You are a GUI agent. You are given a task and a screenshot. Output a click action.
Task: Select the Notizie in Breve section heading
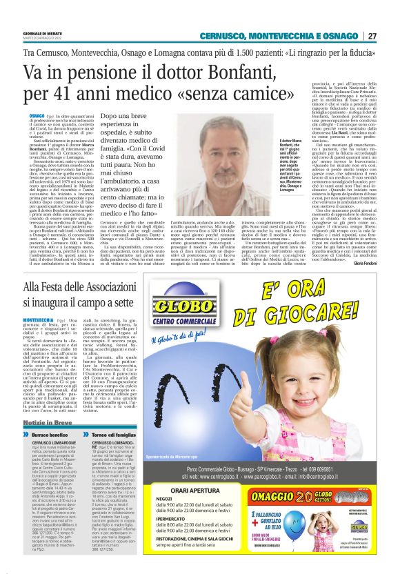pyautogui.click(x=47, y=422)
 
